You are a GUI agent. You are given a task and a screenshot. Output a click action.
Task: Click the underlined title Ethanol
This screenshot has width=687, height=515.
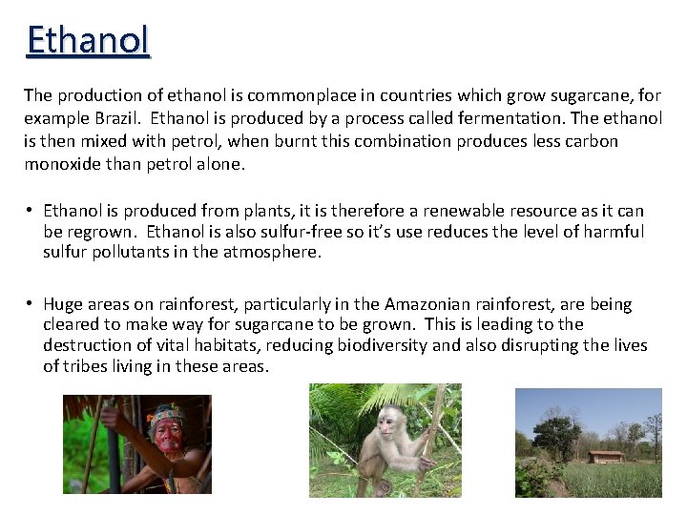point(88,40)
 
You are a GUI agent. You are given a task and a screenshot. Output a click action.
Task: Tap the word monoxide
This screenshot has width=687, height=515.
point(63,163)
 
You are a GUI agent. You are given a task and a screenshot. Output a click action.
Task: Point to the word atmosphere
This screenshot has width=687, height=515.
point(274,253)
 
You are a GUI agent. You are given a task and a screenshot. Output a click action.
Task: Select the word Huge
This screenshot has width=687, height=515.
point(63,304)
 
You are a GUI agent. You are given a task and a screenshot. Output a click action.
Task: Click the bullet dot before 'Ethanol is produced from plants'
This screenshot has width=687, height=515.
point(31,211)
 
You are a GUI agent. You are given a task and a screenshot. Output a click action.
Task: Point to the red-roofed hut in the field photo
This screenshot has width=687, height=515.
point(606,455)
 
